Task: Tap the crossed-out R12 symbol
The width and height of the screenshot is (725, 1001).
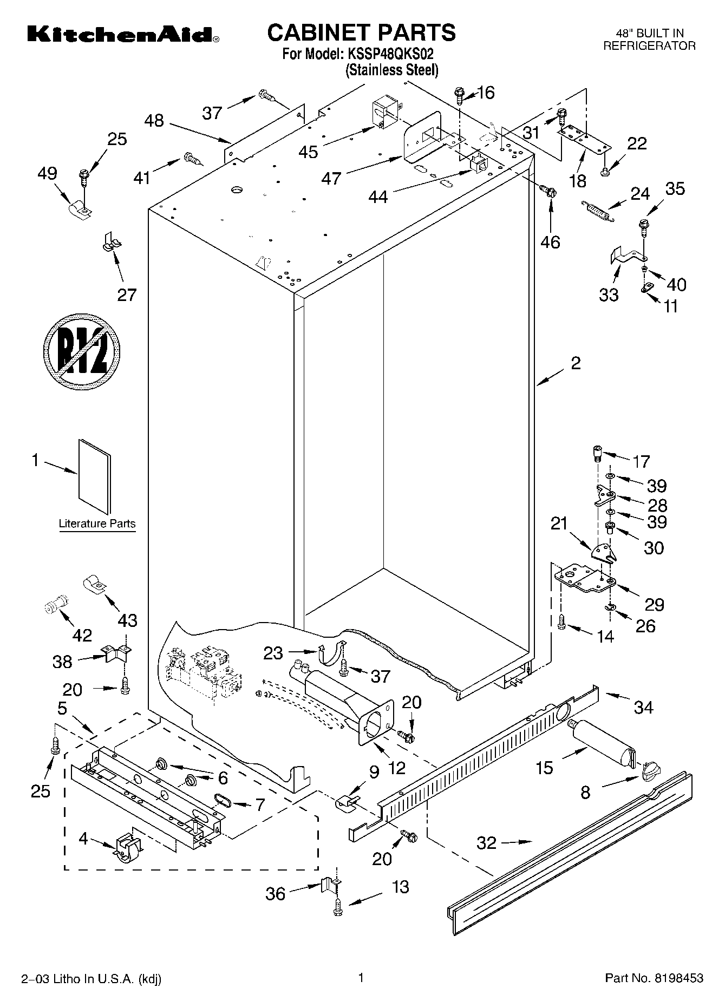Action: [x=82, y=350]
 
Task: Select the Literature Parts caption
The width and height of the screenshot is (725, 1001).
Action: [x=97, y=524]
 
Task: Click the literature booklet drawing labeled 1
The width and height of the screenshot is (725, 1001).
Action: [x=94, y=476]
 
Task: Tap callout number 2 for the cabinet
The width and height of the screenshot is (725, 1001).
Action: [x=575, y=363]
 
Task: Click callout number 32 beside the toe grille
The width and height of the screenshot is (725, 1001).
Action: [x=486, y=842]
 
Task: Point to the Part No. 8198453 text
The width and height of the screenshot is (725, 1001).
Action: [x=654, y=978]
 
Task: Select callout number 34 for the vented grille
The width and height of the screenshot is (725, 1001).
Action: [x=643, y=706]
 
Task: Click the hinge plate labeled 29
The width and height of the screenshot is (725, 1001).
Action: [x=585, y=578]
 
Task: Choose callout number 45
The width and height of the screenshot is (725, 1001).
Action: [x=308, y=152]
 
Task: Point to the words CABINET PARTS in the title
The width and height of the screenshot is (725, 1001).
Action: [x=362, y=33]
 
